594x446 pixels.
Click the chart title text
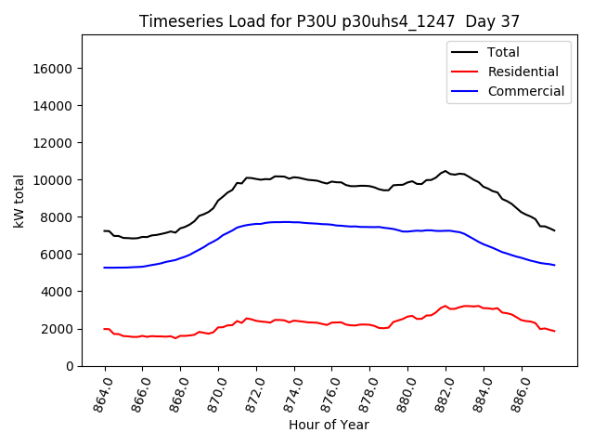(329, 20)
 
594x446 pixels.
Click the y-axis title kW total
(19, 201)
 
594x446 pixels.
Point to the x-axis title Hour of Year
(329, 425)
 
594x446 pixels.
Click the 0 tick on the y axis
(70, 366)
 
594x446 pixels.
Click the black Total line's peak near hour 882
(445, 171)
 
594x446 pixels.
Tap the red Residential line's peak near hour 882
(445, 306)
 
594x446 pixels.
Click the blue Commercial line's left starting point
(104, 268)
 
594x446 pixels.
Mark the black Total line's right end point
(554, 230)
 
